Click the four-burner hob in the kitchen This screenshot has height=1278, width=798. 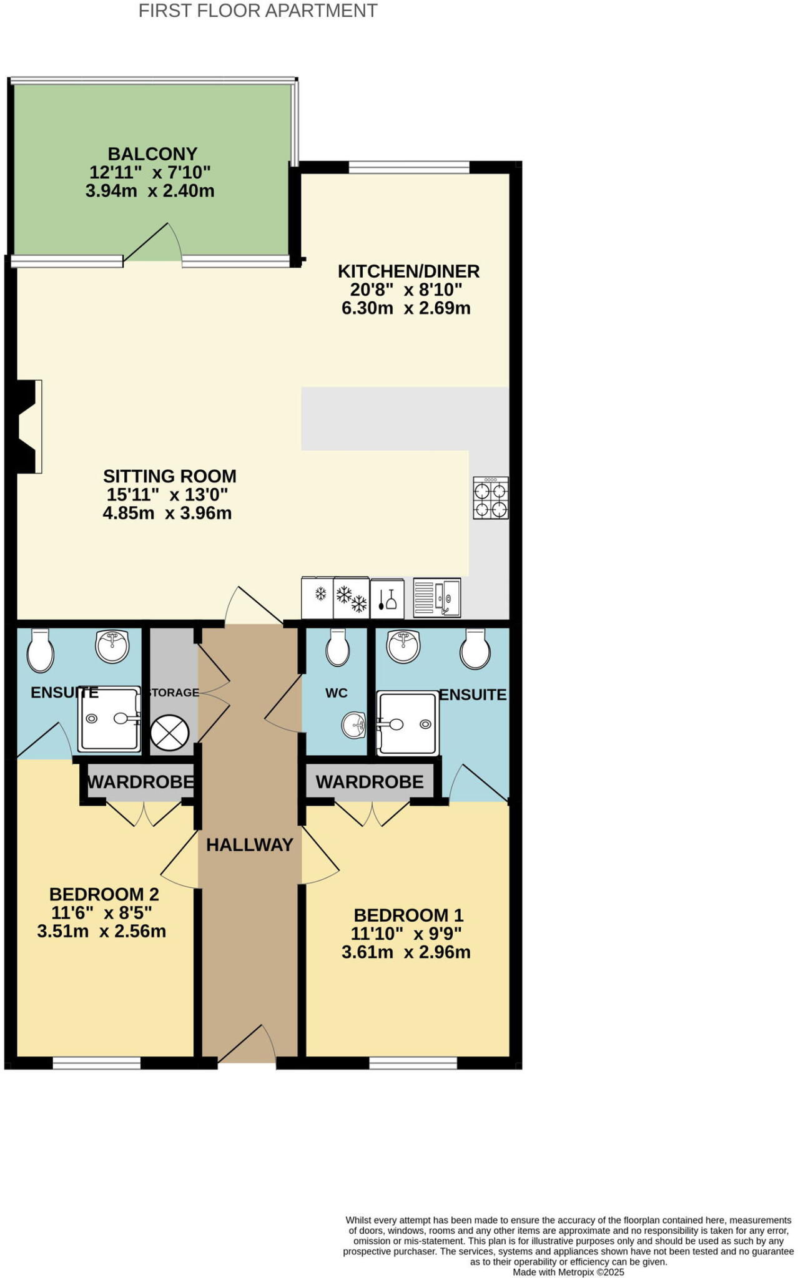tap(490, 497)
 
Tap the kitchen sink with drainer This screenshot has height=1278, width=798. tap(437, 598)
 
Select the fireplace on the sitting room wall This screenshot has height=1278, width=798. tap(29, 426)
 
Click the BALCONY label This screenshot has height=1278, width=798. tap(152, 154)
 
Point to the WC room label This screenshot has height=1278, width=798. tap(336, 693)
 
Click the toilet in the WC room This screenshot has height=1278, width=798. tap(338, 647)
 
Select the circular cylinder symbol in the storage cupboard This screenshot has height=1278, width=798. tap(170, 733)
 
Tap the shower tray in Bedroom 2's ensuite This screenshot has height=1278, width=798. tap(109, 719)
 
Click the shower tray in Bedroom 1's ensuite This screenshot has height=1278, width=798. tap(407, 723)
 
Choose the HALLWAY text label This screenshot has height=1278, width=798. tap(250, 845)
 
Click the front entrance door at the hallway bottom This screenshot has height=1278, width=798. tap(247, 1044)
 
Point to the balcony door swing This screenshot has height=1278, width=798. tap(153, 243)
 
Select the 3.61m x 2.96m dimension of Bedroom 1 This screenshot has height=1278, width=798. tap(406, 952)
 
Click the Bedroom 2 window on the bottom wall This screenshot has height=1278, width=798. tap(97, 1063)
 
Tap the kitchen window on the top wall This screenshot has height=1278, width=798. tap(409, 167)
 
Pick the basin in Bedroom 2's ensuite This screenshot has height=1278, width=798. tap(112, 646)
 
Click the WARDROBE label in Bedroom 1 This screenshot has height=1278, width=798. tap(370, 781)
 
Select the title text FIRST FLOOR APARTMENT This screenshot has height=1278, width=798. tap(258, 11)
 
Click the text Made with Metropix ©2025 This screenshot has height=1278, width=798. tap(568, 1272)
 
